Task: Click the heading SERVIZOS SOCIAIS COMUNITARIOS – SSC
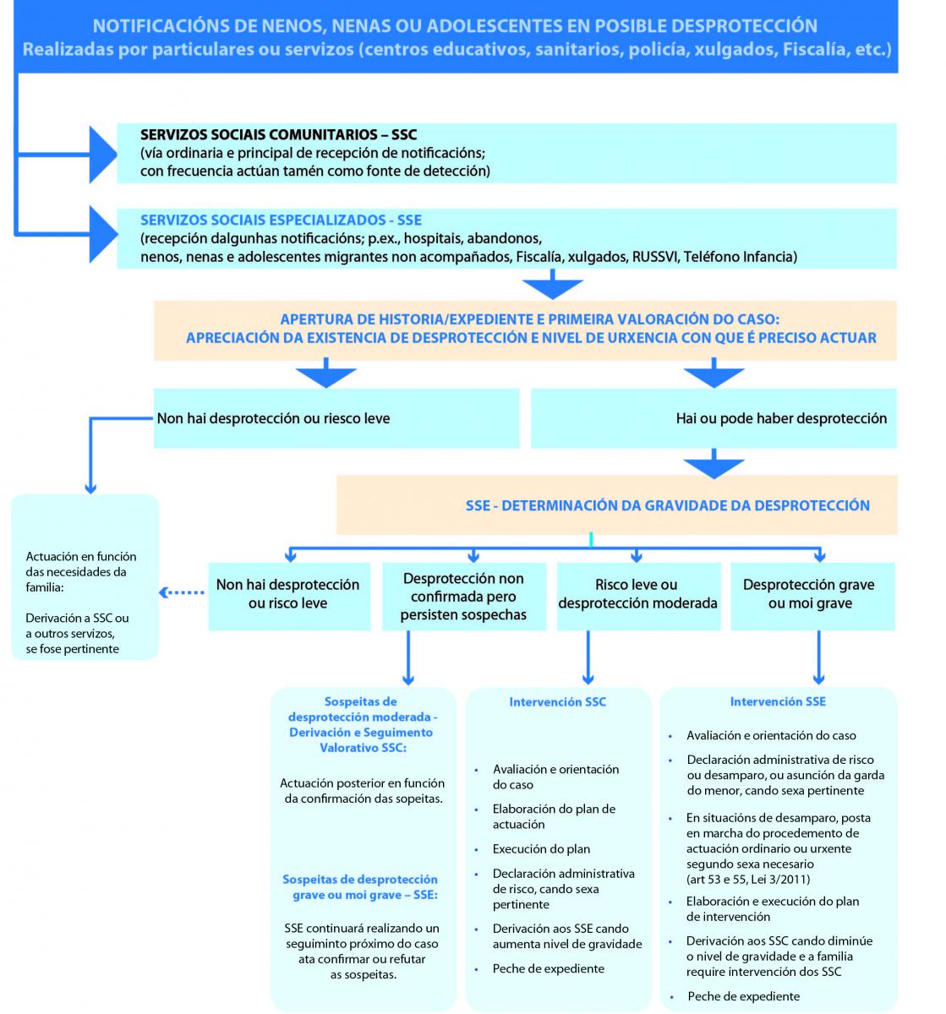click(278, 134)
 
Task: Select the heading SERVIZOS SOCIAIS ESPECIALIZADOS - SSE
click(281, 220)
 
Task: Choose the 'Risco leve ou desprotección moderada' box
click(637, 594)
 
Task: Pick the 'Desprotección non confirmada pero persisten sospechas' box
click(463, 597)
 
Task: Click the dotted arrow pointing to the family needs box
click(183, 592)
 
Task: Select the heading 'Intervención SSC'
click(557, 701)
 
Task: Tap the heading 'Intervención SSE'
click(778, 701)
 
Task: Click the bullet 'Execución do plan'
click(541, 849)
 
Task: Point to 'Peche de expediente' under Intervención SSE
click(743, 996)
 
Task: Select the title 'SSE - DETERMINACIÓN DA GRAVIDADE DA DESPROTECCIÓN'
click(667, 505)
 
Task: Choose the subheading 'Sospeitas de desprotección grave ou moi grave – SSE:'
click(360, 886)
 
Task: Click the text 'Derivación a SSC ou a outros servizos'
click(77, 625)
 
